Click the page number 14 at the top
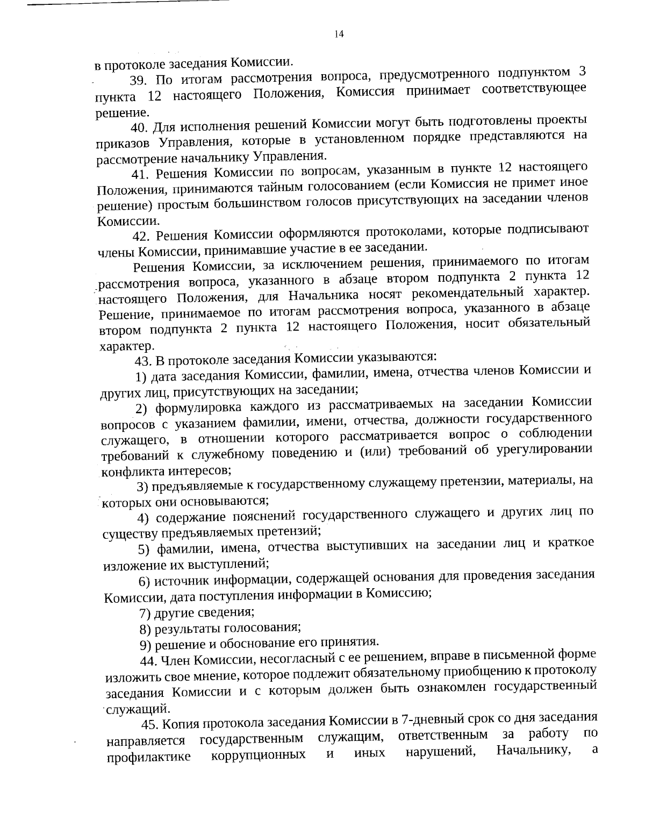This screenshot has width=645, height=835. coord(338,34)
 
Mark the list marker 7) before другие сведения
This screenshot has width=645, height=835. coord(145,613)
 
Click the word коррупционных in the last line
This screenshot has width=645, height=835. coord(258,754)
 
